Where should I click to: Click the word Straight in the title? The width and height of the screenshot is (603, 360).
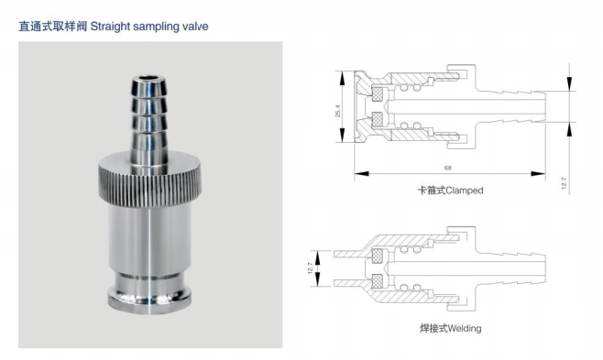110,27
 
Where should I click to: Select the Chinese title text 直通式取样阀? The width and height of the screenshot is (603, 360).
53,27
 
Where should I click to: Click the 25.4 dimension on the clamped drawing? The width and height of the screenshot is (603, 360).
337,111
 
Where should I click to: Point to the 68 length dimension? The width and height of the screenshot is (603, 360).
447,168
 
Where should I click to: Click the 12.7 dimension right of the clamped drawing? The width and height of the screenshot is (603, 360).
564,183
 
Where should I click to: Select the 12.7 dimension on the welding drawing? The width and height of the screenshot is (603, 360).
310,267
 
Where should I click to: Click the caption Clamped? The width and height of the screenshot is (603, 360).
465,191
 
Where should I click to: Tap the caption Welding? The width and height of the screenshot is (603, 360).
465,329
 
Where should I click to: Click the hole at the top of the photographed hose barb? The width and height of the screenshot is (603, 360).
148,81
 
